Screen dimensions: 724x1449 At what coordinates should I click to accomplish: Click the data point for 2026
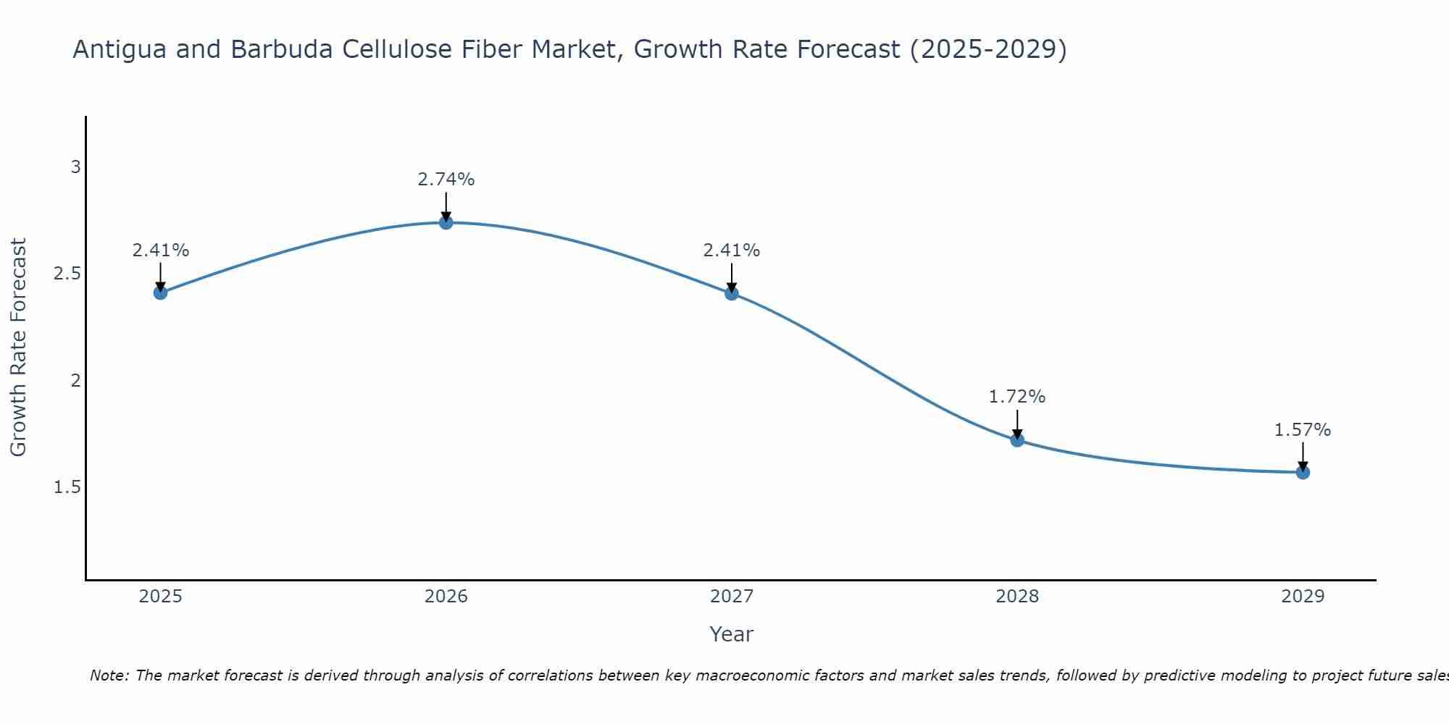click(x=446, y=222)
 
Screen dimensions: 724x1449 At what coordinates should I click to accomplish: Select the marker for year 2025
click(x=161, y=292)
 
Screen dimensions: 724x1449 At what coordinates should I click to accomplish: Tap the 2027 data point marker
click(x=732, y=293)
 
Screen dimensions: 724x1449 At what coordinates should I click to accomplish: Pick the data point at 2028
click(x=1017, y=439)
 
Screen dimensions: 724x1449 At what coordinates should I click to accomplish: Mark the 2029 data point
click(x=1303, y=472)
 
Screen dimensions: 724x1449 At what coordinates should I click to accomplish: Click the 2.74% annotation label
click(x=446, y=180)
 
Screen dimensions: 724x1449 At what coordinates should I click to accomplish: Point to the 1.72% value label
click(x=1017, y=397)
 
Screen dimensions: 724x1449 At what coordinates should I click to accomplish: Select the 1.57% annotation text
click(x=1303, y=430)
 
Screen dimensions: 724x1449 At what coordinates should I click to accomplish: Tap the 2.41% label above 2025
click(x=161, y=251)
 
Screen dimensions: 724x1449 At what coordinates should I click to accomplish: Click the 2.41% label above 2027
click(x=732, y=251)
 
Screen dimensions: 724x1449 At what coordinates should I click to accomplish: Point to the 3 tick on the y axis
click(x=75, y=167)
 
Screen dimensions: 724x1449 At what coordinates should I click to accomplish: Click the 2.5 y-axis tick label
click(x=67, y=274)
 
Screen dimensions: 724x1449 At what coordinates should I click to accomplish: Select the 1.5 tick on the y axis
click(x=67, y=487)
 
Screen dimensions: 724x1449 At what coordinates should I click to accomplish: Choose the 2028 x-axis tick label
click(x=1017, y=597)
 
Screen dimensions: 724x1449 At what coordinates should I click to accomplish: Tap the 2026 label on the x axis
click(x=446, y=597)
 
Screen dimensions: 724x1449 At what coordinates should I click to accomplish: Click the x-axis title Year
click(x=732, y=634)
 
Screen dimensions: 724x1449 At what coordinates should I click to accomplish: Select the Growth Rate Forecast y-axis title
click(x=19, y=348)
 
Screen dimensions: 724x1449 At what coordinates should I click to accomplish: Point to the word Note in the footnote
click(x=109, y=675)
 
